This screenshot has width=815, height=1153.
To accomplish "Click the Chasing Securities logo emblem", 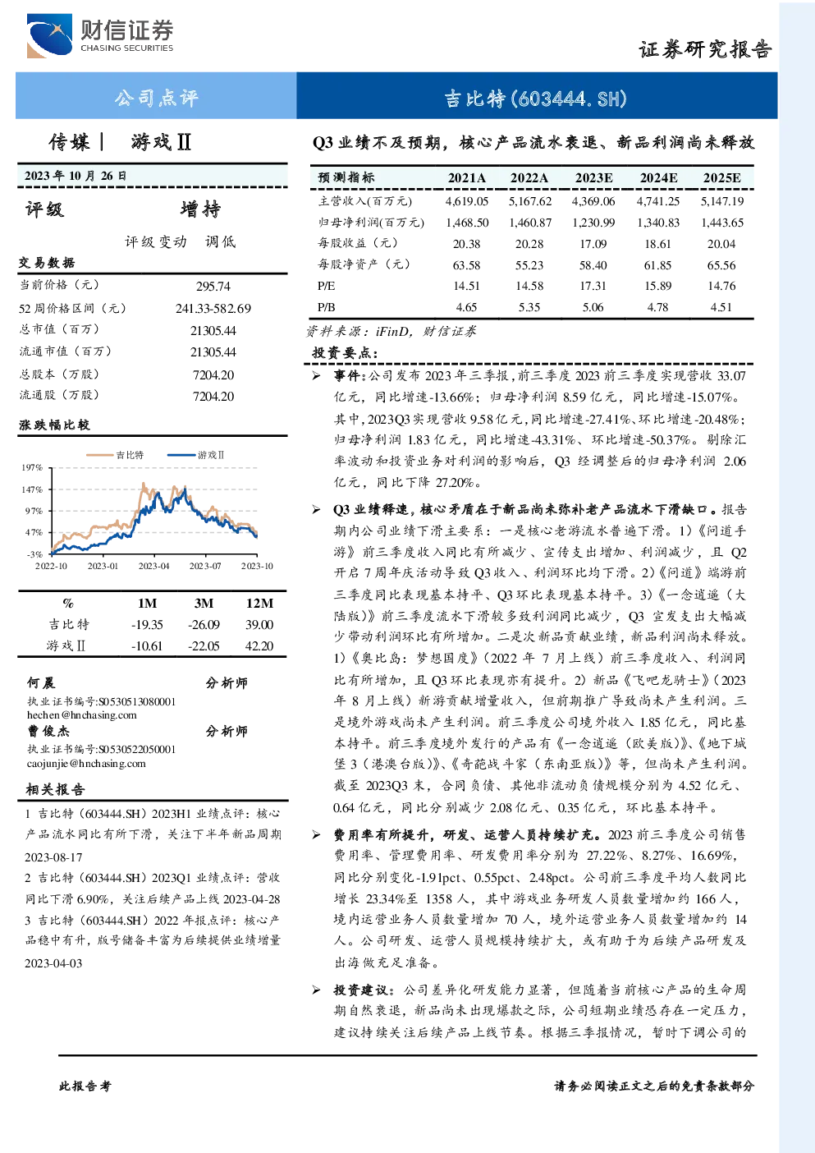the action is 49,35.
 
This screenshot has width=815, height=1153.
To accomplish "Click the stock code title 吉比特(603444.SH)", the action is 536,99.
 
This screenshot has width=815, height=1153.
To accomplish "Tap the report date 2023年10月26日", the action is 76,176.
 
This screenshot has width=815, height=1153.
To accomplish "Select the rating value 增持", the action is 200,209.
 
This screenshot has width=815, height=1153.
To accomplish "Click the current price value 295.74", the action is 213,286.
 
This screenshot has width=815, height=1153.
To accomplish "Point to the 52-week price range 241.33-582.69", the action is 213,308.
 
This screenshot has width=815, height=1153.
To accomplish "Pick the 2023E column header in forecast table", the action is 593,178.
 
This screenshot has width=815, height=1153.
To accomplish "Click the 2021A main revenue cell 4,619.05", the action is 467,201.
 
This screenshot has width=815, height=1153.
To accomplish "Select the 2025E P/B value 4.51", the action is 721,307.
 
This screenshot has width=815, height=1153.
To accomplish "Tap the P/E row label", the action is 326,286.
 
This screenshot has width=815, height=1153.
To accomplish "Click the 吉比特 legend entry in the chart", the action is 115,455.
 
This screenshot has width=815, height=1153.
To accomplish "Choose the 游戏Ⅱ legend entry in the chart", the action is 196,455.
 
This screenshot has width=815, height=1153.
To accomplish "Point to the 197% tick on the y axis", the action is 32,467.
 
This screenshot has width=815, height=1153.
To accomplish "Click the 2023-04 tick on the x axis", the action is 153,566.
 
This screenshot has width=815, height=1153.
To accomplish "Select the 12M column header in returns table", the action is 259,604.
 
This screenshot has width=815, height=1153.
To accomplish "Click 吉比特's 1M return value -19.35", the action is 147,625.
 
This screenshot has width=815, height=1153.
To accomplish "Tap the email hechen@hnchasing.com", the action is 82,715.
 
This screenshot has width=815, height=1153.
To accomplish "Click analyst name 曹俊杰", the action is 48,731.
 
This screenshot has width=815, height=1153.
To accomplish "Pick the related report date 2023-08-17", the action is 53,857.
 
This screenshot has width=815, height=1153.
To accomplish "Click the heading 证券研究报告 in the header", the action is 705,50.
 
